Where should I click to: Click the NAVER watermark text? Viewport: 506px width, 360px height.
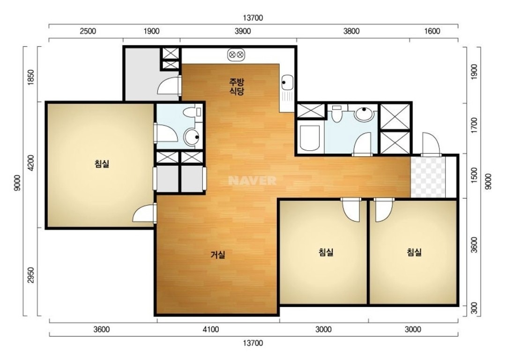point(252,180)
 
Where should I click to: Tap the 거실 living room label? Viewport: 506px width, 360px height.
point(218,255)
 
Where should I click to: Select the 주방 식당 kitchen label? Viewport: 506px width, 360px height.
point(237,86)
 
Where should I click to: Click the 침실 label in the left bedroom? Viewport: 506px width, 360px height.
point(102,164)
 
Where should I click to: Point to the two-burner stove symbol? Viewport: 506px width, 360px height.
point(236,55)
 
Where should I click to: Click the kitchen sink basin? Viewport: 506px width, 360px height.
point(287,82)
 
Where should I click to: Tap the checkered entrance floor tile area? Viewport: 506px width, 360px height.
point(428,177)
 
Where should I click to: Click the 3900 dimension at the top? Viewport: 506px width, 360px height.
point(242,31)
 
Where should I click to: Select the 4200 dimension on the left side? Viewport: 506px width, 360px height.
point(30,163)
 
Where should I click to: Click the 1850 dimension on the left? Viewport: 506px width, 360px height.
point(30,77)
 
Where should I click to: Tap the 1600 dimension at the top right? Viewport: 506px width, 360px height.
point(432,31)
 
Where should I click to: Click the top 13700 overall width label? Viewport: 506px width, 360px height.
point(253,18)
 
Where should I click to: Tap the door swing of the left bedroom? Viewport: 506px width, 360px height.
point(144,213)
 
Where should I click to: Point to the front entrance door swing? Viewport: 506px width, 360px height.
point(431,144)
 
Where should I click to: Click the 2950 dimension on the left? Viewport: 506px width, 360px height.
point(30,275)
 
